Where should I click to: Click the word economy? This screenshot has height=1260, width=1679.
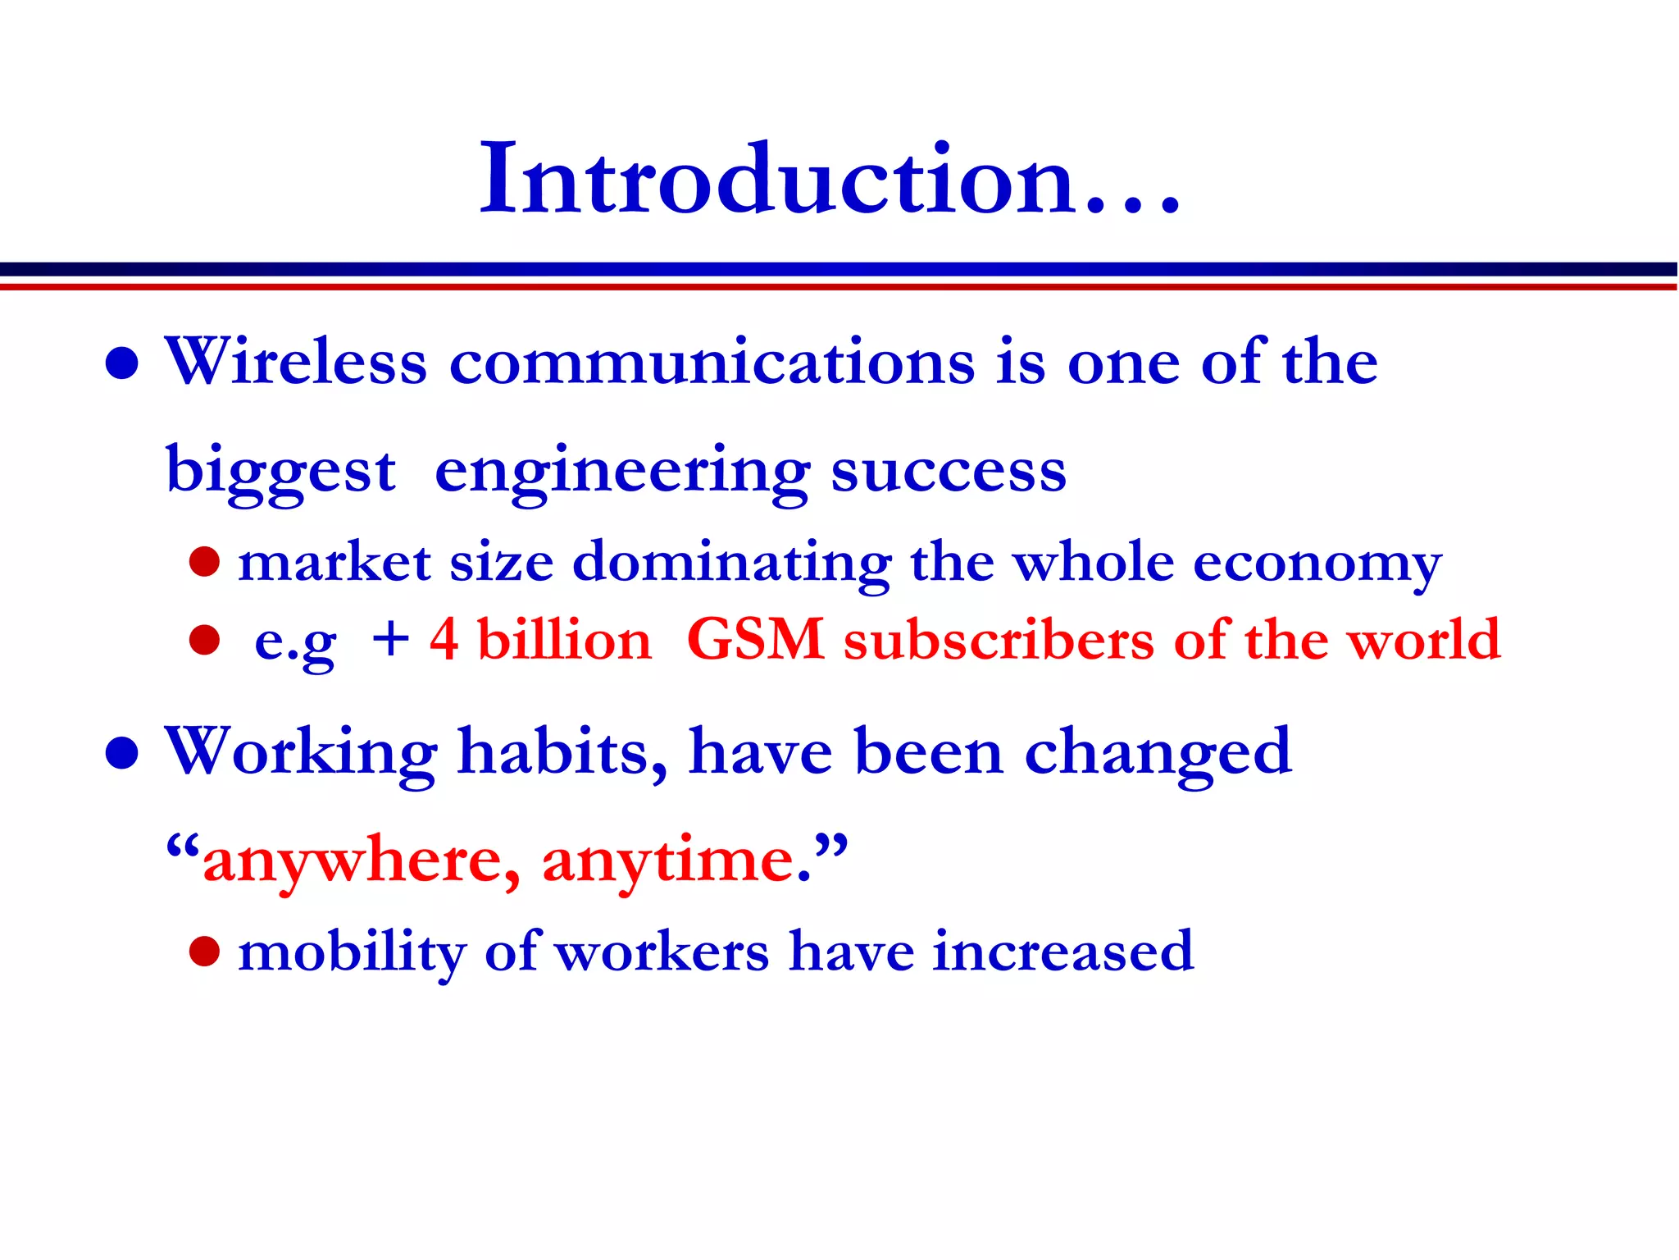click(1317, 564)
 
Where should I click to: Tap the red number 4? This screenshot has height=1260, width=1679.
click(444, 639)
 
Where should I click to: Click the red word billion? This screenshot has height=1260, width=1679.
click(564, 639)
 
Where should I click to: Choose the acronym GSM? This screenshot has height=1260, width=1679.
click(755, 639)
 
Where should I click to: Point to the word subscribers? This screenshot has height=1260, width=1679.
click(999, 639)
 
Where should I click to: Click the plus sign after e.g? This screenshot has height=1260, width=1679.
click(390, 639)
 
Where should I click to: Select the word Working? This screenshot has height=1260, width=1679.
click(301, 752)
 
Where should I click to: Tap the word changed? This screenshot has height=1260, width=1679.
click(1158, 752)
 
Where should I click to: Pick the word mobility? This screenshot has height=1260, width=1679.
click(351, 952)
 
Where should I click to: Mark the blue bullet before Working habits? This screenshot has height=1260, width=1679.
click(122, 752)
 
